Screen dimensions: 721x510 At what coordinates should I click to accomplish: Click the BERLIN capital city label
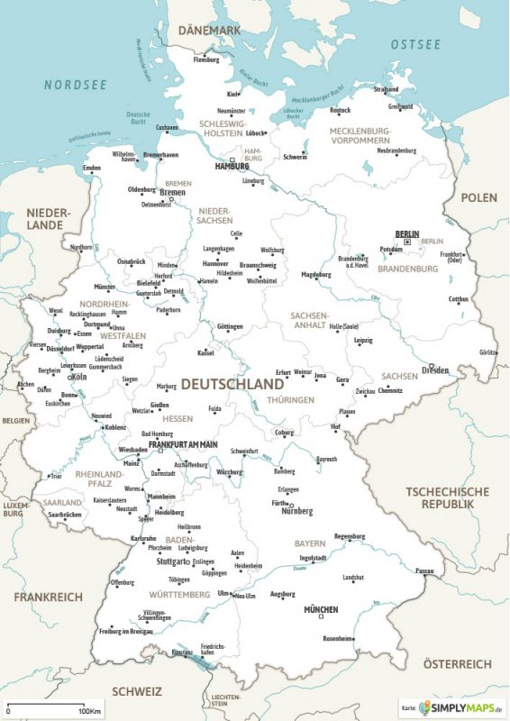click(407, 233)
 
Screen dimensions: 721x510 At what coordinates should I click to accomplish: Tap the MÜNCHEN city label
click(320, 610)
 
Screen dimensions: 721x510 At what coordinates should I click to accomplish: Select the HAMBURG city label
click(232, 167)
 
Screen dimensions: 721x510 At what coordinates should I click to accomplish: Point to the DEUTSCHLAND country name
click(232, 384)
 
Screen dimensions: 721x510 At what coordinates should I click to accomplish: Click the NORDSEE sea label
click(77, 85)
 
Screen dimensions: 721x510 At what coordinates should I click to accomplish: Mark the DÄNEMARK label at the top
click(210, 31)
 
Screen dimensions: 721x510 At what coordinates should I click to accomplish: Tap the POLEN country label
click(478, 197)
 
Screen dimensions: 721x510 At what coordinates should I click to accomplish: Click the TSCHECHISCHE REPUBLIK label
click(447, 497)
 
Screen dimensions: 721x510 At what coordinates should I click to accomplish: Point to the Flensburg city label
click(205, 60)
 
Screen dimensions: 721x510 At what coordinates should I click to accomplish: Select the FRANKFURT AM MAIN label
click(184, 444)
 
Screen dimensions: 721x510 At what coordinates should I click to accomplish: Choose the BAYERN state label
click(309, 544)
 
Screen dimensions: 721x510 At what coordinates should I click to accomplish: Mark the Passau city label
click(424, 570)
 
